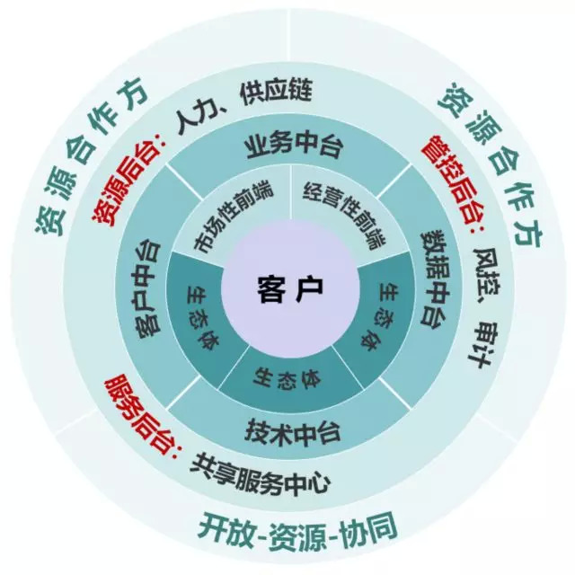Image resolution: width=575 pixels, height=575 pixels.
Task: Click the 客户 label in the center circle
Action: [287, 289]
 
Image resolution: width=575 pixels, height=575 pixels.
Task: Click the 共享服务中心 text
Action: [261, 474]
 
